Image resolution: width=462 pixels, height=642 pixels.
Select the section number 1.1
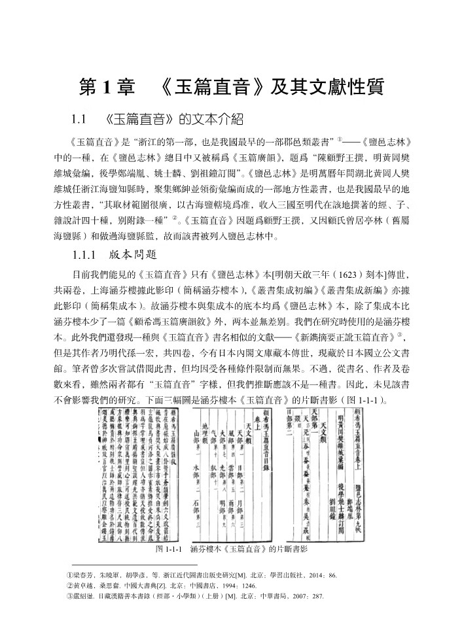(x=79, y=120)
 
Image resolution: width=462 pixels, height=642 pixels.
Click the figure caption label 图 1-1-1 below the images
(x=168, y=532)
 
